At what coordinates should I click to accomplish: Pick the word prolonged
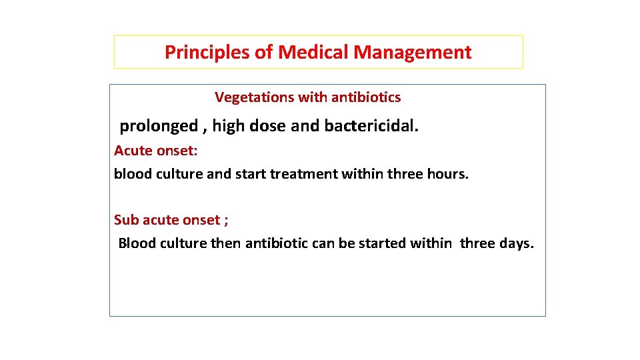159,126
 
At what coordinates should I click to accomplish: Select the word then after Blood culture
226,243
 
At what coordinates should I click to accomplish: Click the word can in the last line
323,243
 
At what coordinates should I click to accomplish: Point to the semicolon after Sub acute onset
226,221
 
